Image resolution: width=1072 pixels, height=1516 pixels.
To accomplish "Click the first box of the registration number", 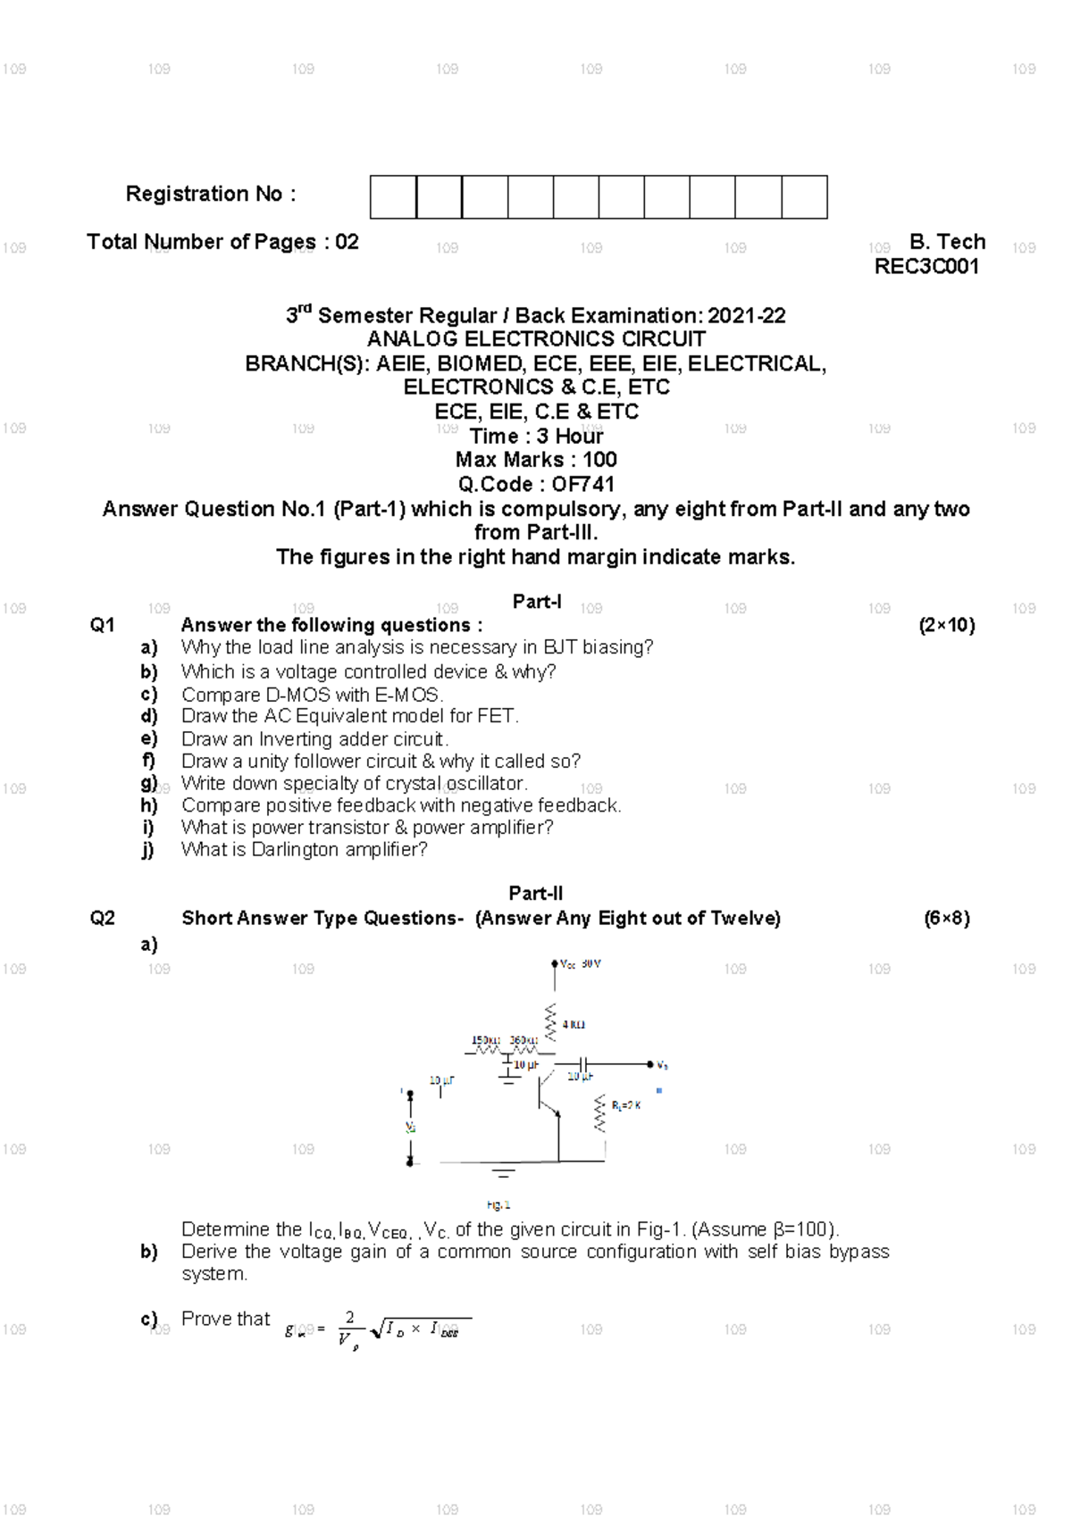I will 393,197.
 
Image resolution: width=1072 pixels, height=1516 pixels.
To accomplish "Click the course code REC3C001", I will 926,267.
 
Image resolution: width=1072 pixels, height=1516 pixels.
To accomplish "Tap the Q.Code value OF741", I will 582,485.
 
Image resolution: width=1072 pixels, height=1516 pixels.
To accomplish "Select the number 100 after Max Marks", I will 599,460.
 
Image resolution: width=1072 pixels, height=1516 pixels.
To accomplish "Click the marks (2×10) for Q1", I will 946,625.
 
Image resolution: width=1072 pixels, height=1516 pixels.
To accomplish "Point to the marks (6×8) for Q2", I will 946,918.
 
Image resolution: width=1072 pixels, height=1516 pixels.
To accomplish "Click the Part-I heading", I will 536,602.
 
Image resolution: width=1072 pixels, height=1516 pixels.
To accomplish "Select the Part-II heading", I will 536,894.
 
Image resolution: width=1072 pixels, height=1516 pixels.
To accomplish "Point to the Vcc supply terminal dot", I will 554,964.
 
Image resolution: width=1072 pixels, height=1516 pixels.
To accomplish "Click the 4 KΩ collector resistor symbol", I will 550,1021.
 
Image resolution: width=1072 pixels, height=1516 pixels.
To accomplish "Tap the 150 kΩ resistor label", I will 486,1040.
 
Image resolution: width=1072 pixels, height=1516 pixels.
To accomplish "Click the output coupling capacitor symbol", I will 582,1064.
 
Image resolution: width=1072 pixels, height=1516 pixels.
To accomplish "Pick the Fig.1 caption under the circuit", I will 498,1205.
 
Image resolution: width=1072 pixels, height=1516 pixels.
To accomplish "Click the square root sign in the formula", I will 376,1329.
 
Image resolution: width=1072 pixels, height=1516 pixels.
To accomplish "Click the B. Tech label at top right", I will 947,242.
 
